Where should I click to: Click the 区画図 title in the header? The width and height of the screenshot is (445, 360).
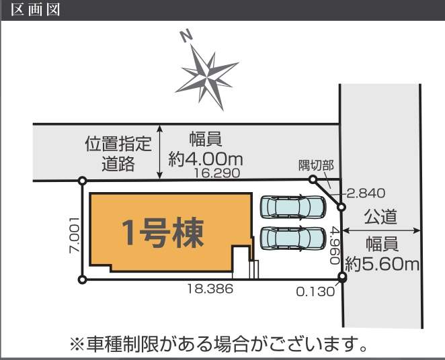point(36,9)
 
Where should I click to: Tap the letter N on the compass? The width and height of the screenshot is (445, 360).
point(186,36)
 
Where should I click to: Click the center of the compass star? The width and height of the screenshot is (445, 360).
point(207,77)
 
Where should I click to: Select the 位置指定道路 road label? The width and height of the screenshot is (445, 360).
point(118,153)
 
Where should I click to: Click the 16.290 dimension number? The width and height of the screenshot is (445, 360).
point(217,173)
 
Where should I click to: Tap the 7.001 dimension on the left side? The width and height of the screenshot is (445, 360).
point(74,235)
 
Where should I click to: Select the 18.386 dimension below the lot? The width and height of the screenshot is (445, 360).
point(210,289)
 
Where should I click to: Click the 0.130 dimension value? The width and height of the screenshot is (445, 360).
point(315,291)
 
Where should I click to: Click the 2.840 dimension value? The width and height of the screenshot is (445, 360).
point(366,193)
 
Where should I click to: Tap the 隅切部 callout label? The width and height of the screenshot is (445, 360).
point(316,165)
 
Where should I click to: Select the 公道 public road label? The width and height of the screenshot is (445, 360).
point(380,217)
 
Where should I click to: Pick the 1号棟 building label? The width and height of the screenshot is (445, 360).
point(163,232)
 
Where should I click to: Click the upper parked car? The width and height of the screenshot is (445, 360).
point(293,206)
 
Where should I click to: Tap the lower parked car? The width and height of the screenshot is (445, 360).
point(293,239)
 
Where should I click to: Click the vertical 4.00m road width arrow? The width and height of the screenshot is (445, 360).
point(160,152)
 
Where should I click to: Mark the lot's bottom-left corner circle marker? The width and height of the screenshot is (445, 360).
point(82,280)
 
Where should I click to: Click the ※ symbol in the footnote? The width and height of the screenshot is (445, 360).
point(77,344)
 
